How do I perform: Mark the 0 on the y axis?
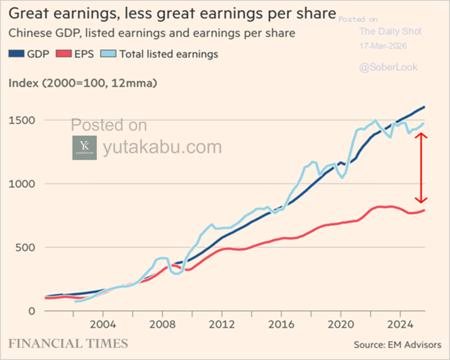31,311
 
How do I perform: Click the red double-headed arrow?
422,168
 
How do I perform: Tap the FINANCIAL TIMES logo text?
69,343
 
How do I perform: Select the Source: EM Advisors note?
397,345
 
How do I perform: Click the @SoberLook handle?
388,67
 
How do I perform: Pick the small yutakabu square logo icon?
84,148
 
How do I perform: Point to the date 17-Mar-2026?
383,46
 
